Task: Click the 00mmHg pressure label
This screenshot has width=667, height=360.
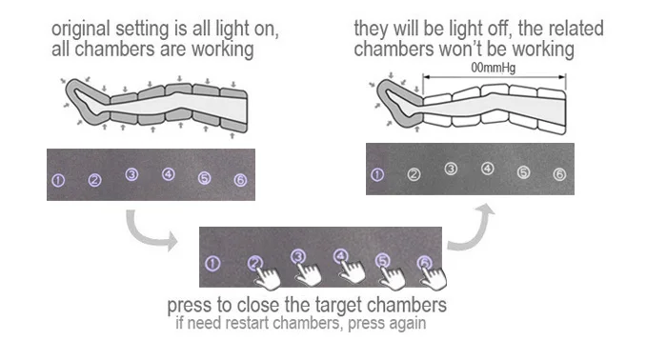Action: pyautogui.click(x=493, y=68)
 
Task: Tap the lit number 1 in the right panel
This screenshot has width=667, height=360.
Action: pyautogui.click(x=377, y=174)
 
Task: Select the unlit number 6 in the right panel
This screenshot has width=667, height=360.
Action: pyautogui.click(x=559, y=174)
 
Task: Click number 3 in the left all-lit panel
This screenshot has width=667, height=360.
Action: pyautogui.click(x=131, y=174)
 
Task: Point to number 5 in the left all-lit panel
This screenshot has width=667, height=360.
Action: pyautogui.click(x=204, y=178)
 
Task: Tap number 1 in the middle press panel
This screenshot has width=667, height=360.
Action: pyautogui.click(x=212, y=264)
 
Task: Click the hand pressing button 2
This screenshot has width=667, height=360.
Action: pyautogui.click(x=267, y=277)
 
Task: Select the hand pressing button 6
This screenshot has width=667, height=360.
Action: pyautogui.click(x=433, y=277)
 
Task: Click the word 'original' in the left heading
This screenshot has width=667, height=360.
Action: pyautogui.click(x=81, y=30)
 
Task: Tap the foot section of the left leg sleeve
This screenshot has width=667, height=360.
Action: pyautogui.click(x=87, y=101)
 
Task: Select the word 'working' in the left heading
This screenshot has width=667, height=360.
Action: pyautogui.click(x=222, y=50)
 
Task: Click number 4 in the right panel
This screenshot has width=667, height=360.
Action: pyautogui.click(x=488, y=169)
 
